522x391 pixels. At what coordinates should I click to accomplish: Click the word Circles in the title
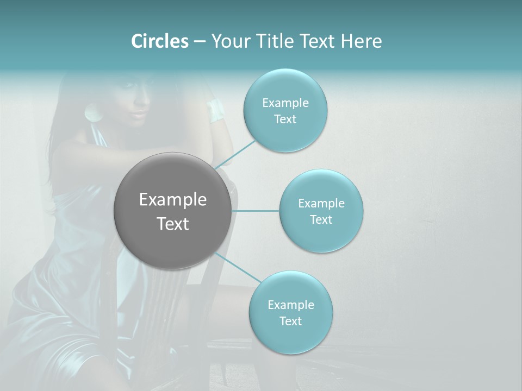159,41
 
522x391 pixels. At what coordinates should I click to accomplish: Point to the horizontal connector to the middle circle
255,211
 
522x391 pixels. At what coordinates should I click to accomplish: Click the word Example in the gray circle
172,200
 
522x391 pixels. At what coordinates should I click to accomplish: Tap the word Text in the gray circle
172,224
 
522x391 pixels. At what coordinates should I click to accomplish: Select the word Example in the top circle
285,103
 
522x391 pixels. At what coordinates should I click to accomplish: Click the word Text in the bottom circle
290,321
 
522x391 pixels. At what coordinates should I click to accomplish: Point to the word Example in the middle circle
321,203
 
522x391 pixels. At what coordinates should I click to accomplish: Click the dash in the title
199,41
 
